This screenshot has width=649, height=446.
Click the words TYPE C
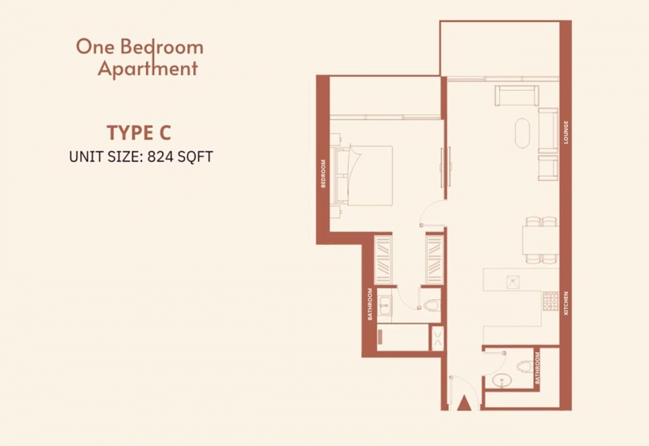pos(139,132)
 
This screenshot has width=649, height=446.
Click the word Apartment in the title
pos(148,68)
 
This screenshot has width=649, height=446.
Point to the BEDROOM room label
pos(323,174)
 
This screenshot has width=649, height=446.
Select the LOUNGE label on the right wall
pos(565,132)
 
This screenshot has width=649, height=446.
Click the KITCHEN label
pos(565,303)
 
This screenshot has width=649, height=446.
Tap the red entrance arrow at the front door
pos(464,403)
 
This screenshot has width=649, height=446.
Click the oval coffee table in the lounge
pos(522,133)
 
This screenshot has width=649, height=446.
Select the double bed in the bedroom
pos(363,175)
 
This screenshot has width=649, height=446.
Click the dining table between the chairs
pos(540,240)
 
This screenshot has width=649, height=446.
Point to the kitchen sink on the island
pos(514,281)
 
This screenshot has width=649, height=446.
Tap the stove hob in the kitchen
pos(550,301)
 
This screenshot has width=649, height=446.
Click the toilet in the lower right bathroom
pos(524,367)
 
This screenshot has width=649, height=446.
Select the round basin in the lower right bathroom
pos(502,380)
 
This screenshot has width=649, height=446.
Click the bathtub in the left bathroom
pos(402,337)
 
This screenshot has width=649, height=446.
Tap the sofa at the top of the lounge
pos(517,96)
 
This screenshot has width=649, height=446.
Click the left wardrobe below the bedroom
pos(382,259)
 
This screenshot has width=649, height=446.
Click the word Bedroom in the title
pos(161,47)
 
